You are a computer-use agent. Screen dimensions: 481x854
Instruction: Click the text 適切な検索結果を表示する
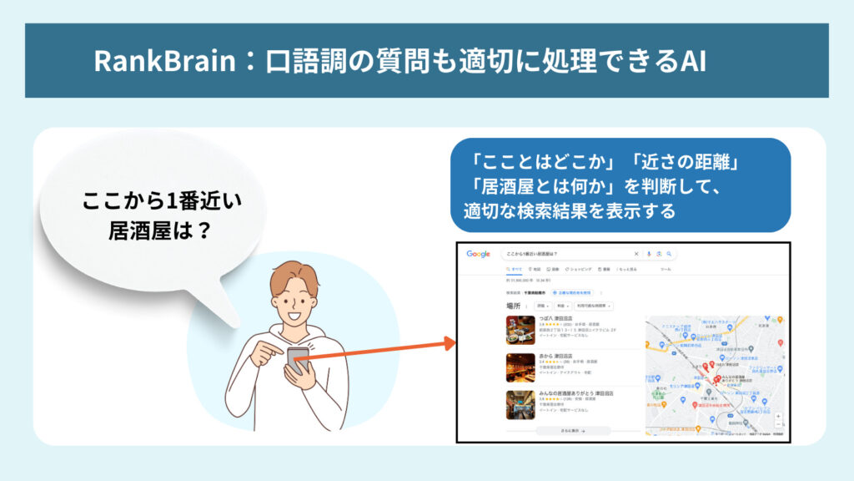[570, 210]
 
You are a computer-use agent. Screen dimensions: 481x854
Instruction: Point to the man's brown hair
[294, 276]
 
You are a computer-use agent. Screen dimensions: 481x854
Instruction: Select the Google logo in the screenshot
[478, 254]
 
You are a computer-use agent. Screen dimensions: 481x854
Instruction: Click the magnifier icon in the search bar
[669, 254]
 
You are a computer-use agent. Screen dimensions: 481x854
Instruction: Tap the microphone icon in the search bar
[648, 254]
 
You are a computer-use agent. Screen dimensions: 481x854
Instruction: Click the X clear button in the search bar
[636, 254]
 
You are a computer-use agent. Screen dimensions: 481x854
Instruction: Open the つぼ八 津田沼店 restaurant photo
[520, 329]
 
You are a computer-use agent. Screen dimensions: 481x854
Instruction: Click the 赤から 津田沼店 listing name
[560, 356]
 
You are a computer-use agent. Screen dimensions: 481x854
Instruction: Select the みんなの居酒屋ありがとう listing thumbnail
[520, 404]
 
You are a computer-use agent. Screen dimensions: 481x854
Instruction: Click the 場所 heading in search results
[513, 306]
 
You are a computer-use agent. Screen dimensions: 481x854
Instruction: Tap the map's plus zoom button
[778, 415]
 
